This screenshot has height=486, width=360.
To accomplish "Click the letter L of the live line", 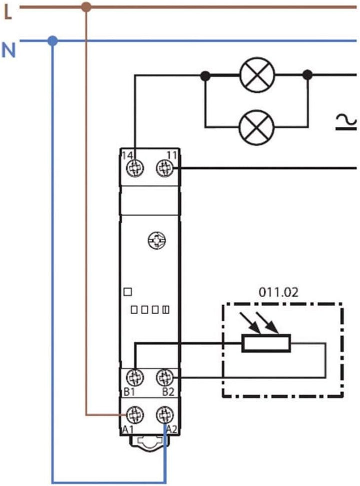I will tap(7, 13).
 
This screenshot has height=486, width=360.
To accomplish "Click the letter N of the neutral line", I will tap(8, 50).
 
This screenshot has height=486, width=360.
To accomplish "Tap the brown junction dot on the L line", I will tap(86, 7).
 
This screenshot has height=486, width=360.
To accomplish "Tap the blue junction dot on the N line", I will tap(52, 40).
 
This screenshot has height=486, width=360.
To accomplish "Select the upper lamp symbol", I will tap(256, 75).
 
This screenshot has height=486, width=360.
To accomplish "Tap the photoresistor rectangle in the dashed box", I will tap(266, 344).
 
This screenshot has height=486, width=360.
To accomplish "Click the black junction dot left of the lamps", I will tap(205, 76).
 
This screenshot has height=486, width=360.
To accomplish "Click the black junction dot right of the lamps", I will tap(307, 75).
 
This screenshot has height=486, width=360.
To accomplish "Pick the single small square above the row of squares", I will tap(126, 291).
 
